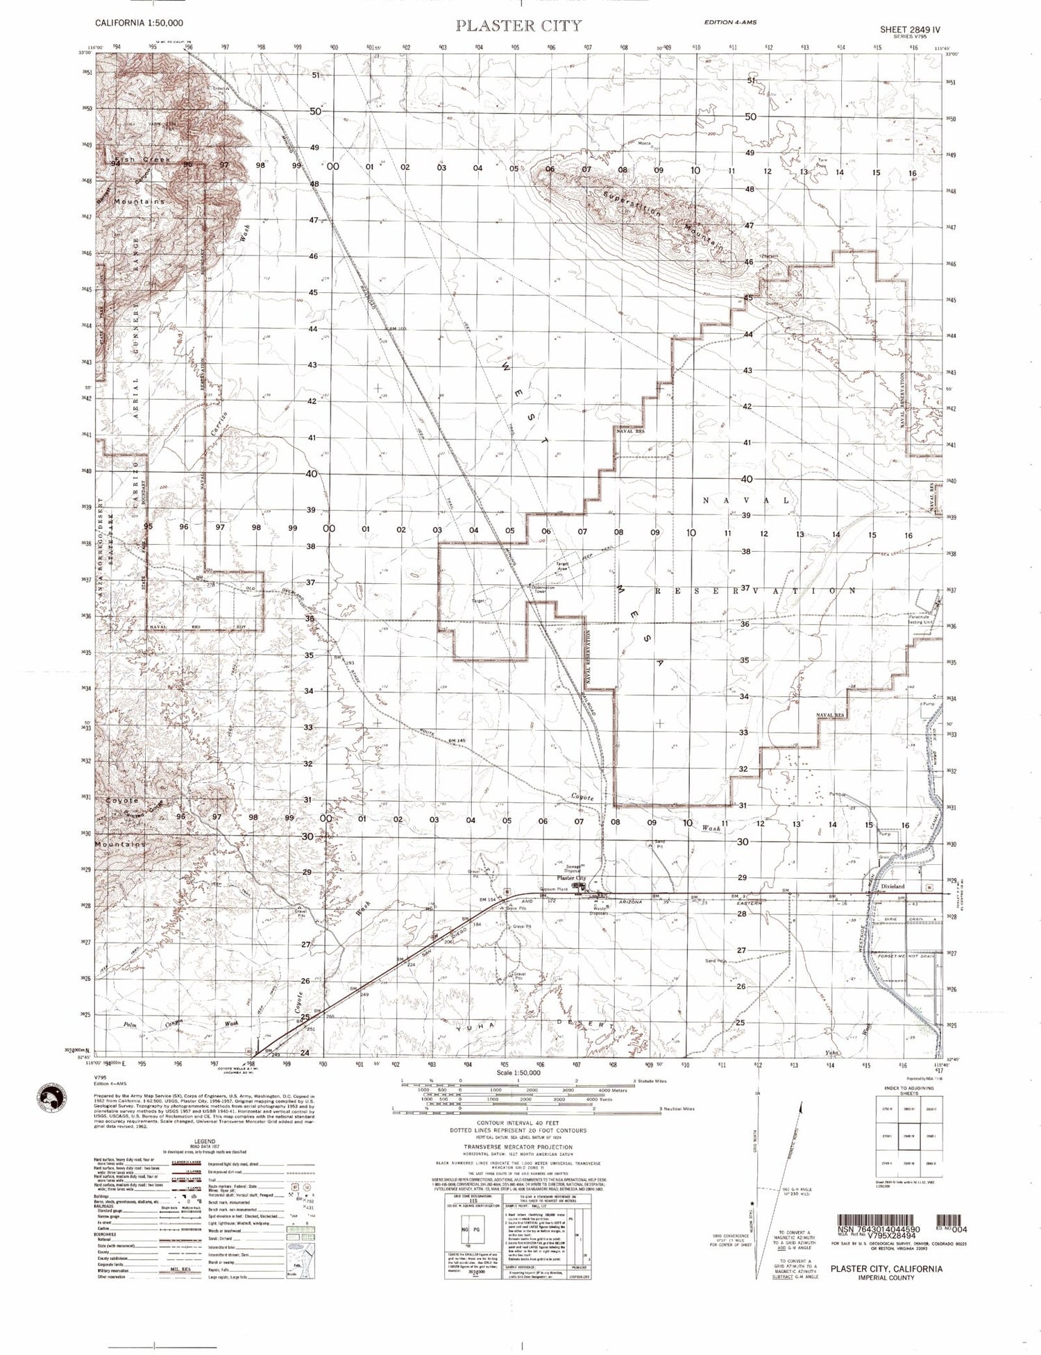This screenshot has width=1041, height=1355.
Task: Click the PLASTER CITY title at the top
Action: click(x=518, y=26)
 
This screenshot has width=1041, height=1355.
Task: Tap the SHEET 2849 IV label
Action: click(x=902, y=30)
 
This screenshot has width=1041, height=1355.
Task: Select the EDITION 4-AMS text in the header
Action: click(x=730, y=22)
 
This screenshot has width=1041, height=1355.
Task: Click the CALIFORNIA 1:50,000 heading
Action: click(x=139, y=23)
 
